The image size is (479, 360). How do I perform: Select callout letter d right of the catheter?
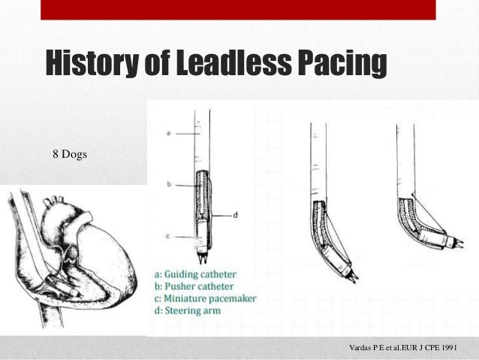coord(235,216)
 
